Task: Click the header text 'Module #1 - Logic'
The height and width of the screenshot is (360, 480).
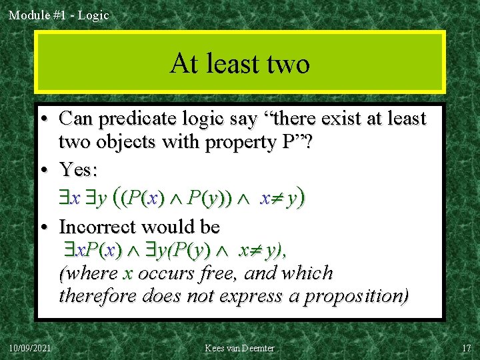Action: [59, 15]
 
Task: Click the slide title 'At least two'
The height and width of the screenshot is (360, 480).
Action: [240, 63]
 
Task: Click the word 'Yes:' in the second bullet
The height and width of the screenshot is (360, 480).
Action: [78, 169]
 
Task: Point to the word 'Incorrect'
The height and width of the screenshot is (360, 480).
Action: [106, 227]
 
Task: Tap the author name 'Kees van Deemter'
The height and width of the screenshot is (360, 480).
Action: [240, 348]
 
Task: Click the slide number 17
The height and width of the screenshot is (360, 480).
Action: [465, 348]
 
